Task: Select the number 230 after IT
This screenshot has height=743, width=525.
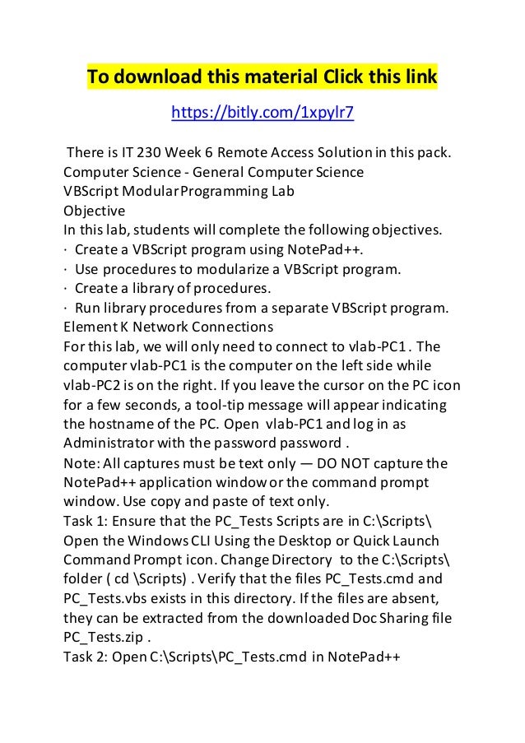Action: click(x=149, y=154)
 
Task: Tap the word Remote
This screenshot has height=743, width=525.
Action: click(x=247, y=154)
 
